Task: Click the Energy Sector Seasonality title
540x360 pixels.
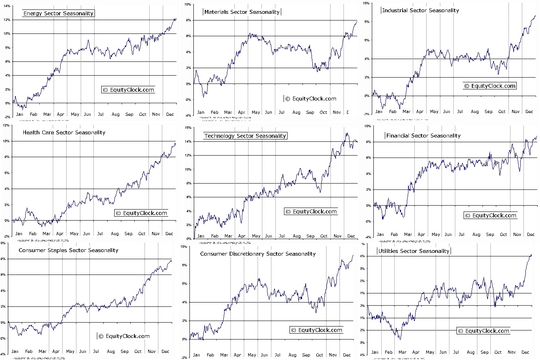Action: (58, 13)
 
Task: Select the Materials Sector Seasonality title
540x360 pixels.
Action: (242, 12)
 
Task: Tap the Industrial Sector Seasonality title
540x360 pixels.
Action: (420, 10)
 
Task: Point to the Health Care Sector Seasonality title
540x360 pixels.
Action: (64, 132)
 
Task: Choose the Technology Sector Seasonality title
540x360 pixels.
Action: (245, 136)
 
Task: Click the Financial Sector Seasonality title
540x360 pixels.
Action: (423, 135)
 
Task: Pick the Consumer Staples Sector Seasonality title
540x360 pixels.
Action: (68, 250)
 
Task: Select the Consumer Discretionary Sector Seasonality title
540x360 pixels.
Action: (258, 254)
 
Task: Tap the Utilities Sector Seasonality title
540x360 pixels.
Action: (414, 251)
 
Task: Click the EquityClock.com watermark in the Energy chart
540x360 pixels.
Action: (128, 90)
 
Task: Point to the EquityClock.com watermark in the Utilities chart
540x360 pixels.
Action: (483, 331)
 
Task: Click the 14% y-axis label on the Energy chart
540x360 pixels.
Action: (7, 6)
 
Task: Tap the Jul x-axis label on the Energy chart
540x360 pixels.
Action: (101, 115)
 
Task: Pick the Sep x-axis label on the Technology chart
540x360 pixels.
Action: (310, 236)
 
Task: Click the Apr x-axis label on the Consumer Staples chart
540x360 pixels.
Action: (56, 351)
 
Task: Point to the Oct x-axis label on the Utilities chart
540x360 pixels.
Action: (498, 352)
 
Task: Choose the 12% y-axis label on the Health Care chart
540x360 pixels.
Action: (6, 125)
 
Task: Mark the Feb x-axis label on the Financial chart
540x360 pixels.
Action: (394, 234)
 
